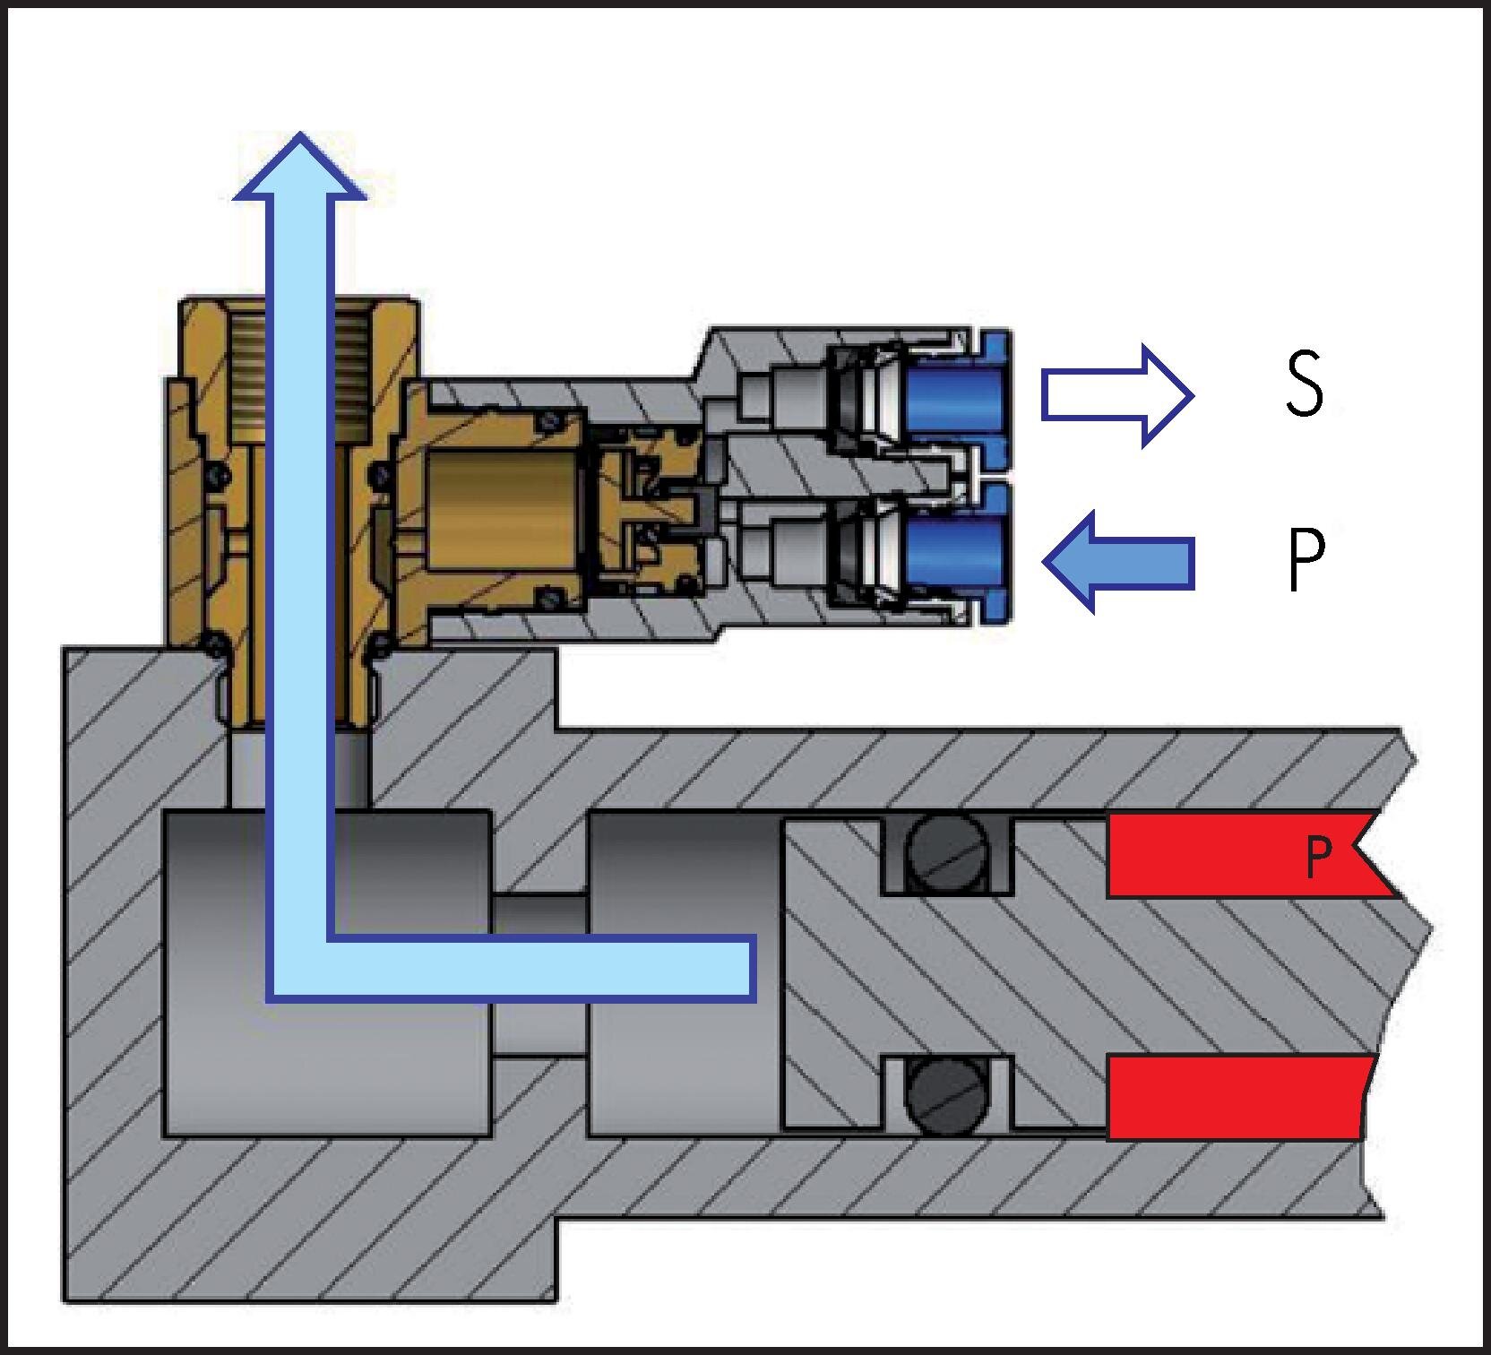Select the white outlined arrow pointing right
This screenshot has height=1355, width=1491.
[1116, 395]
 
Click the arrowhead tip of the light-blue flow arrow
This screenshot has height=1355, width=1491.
[300, 139]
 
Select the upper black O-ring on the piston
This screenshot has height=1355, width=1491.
[947, 853]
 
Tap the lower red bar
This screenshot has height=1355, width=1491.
[1237, 1098]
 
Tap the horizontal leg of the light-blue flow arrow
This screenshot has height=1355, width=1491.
[538, 968]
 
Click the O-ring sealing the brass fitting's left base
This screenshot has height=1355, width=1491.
[214, 643]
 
